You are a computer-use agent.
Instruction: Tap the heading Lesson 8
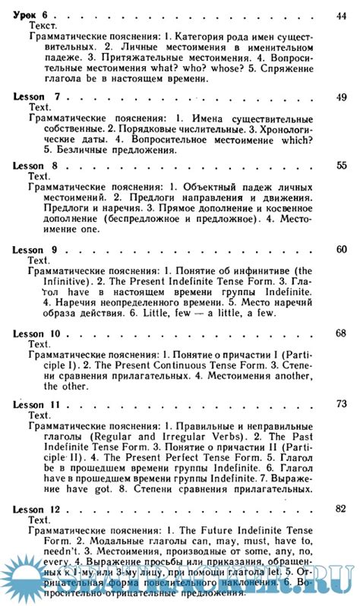tap(36, 165)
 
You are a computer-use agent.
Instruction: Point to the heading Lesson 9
tap(36, 250)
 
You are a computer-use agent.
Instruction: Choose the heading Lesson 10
tap(38, 333)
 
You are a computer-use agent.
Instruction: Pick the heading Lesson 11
tap(38, 405)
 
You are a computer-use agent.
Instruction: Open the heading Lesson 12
tap(38, 508)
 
